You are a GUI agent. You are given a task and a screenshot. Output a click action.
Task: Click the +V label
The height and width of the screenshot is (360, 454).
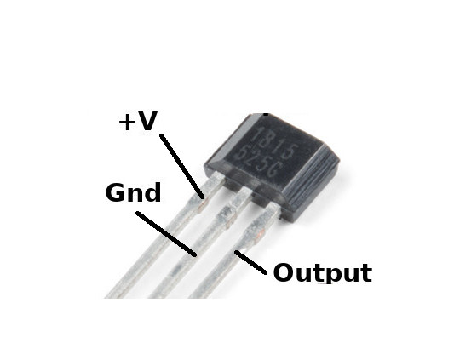tap(138, 121)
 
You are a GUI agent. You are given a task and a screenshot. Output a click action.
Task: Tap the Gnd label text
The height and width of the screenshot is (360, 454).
tap(134, 192)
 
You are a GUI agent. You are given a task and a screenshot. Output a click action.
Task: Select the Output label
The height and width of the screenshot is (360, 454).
tap(323, 272)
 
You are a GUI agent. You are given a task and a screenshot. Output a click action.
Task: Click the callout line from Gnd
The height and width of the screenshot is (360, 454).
tap(166, 234)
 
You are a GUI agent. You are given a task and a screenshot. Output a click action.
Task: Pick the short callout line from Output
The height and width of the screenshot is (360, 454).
tap(250, 262)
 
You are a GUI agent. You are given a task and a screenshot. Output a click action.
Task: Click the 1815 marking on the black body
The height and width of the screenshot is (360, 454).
tap(274, 143)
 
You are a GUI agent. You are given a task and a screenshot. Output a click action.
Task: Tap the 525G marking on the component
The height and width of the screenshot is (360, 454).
tap(258, 162)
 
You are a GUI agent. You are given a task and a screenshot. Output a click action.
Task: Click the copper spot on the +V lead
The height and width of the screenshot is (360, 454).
tap(202, 206)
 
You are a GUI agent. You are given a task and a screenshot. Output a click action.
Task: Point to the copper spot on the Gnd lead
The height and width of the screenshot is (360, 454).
tap(230, 219)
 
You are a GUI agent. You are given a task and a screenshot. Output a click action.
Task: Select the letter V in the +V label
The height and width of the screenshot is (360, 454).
tap(147, 121)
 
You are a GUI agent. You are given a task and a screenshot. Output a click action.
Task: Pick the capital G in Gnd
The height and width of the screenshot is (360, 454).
tap(117, 192)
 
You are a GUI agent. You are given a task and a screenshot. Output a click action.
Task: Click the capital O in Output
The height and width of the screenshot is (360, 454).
tap(284, 272)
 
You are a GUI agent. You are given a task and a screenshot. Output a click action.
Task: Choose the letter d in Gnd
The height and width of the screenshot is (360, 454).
tap(152, 192)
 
